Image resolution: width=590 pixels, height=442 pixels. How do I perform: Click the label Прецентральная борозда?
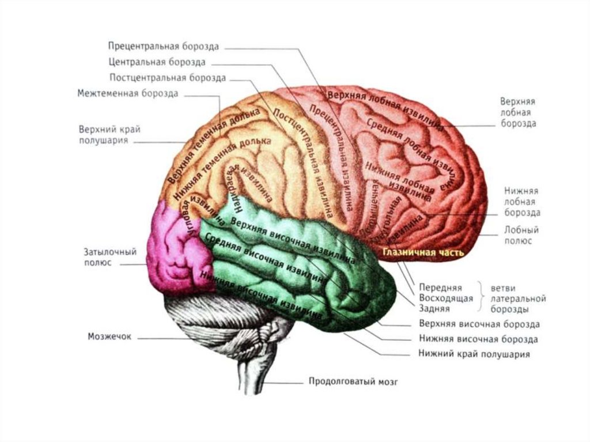163,46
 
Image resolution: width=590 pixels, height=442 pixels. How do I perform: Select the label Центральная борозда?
156,62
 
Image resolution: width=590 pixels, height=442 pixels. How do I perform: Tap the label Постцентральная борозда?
167,77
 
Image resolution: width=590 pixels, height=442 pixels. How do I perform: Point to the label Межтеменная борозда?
127,93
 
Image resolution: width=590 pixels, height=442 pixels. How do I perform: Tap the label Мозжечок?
109,336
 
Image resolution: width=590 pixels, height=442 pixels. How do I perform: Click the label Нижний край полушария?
474,354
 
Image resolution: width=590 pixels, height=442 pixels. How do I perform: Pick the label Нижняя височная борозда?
478,339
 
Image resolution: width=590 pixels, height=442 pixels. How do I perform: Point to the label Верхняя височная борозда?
479,324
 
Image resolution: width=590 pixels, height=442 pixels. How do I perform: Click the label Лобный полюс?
521,235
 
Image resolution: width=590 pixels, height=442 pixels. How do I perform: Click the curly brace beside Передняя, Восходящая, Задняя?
480,298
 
